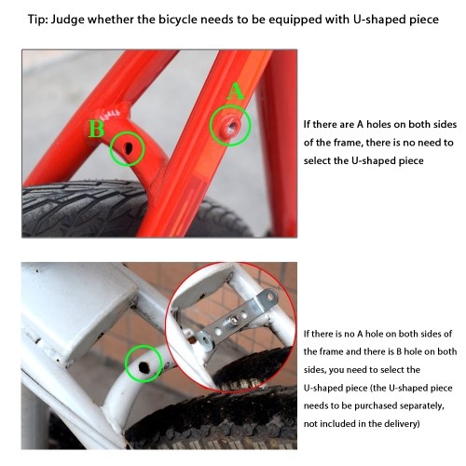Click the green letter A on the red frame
[235, 91]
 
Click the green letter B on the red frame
[96, 129]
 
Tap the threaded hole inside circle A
[232, 126]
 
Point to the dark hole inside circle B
[128, 148]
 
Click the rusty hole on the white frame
[144, 367]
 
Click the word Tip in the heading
[37, 20]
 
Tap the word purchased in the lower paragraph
[374, 406]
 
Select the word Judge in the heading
[67, 21]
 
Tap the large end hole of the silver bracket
[271, 296]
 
